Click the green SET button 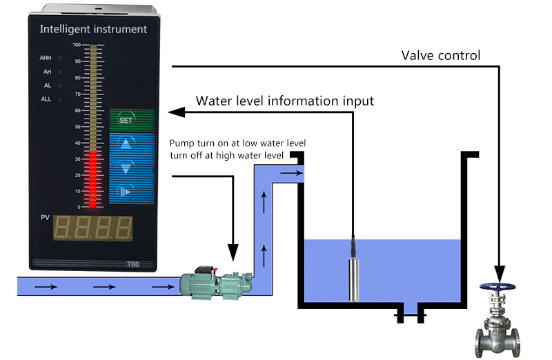126,120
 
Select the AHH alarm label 47,58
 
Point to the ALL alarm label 47,99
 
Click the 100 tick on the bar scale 77,46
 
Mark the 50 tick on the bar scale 77,126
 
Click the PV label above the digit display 45,218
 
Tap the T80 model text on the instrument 133,263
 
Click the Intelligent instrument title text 93,30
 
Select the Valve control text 441,55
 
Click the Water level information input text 285,101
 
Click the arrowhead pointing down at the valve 499,271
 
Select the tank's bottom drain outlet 411,316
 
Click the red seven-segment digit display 93,230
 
